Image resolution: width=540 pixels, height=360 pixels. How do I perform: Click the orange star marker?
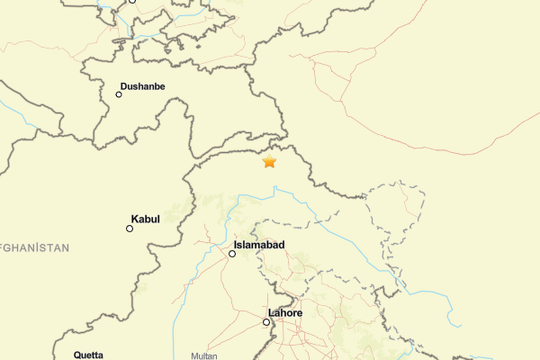[269, 162]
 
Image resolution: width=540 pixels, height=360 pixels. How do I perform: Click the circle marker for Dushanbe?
[119, 94]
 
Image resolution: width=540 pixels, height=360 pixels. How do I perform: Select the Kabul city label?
[147, 219]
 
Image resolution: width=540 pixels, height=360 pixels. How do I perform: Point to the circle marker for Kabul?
[130, 229]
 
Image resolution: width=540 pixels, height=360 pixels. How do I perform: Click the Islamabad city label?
[259, 245]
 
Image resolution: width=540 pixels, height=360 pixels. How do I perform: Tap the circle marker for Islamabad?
[232, 254]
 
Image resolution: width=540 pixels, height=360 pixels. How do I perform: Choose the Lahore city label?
[285, 313]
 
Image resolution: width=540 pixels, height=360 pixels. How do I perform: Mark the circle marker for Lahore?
[266, 322]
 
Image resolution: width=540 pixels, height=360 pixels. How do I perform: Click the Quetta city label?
[88, 355]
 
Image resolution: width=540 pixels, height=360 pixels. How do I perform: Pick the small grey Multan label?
[204, 355]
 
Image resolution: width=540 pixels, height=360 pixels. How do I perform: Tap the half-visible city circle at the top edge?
[132, 1]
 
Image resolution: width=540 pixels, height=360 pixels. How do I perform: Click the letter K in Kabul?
[135, 219]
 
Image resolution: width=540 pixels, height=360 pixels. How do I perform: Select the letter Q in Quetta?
[77, 355]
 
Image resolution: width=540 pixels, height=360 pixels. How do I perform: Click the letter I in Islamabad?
[236, 245]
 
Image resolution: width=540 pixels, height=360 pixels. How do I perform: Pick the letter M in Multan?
[193, 355]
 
